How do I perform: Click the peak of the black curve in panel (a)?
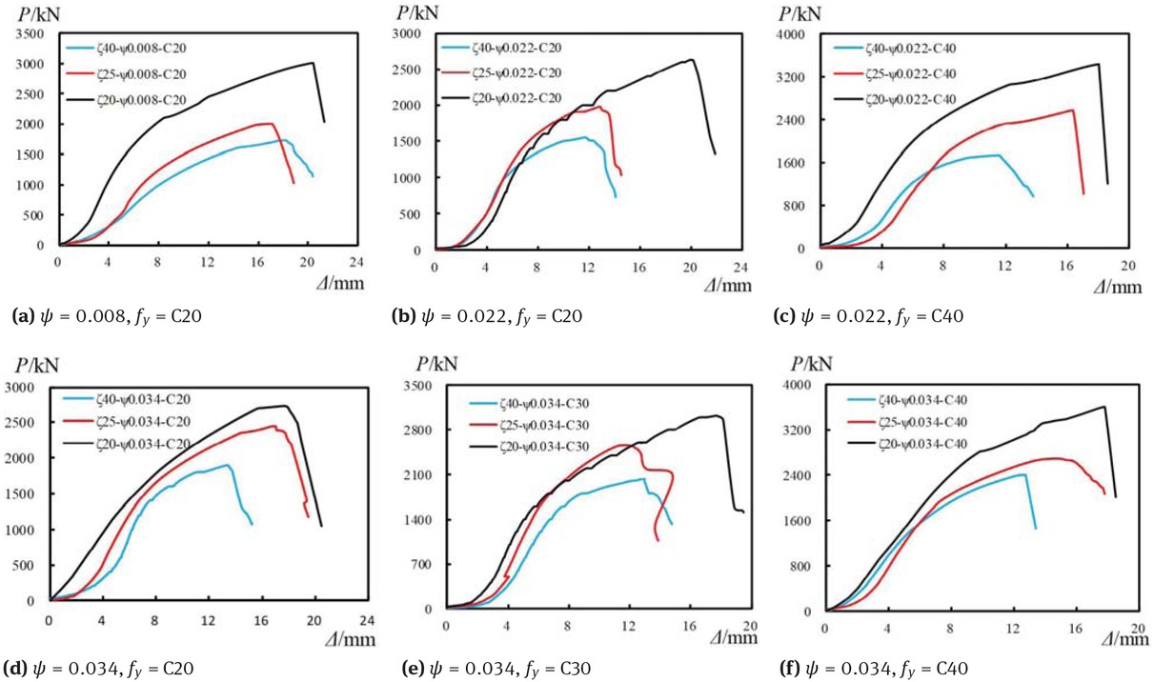tap(313, 63)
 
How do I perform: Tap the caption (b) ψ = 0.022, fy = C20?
tap(489, 315)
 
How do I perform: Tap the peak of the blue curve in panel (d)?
tap(227, 465)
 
